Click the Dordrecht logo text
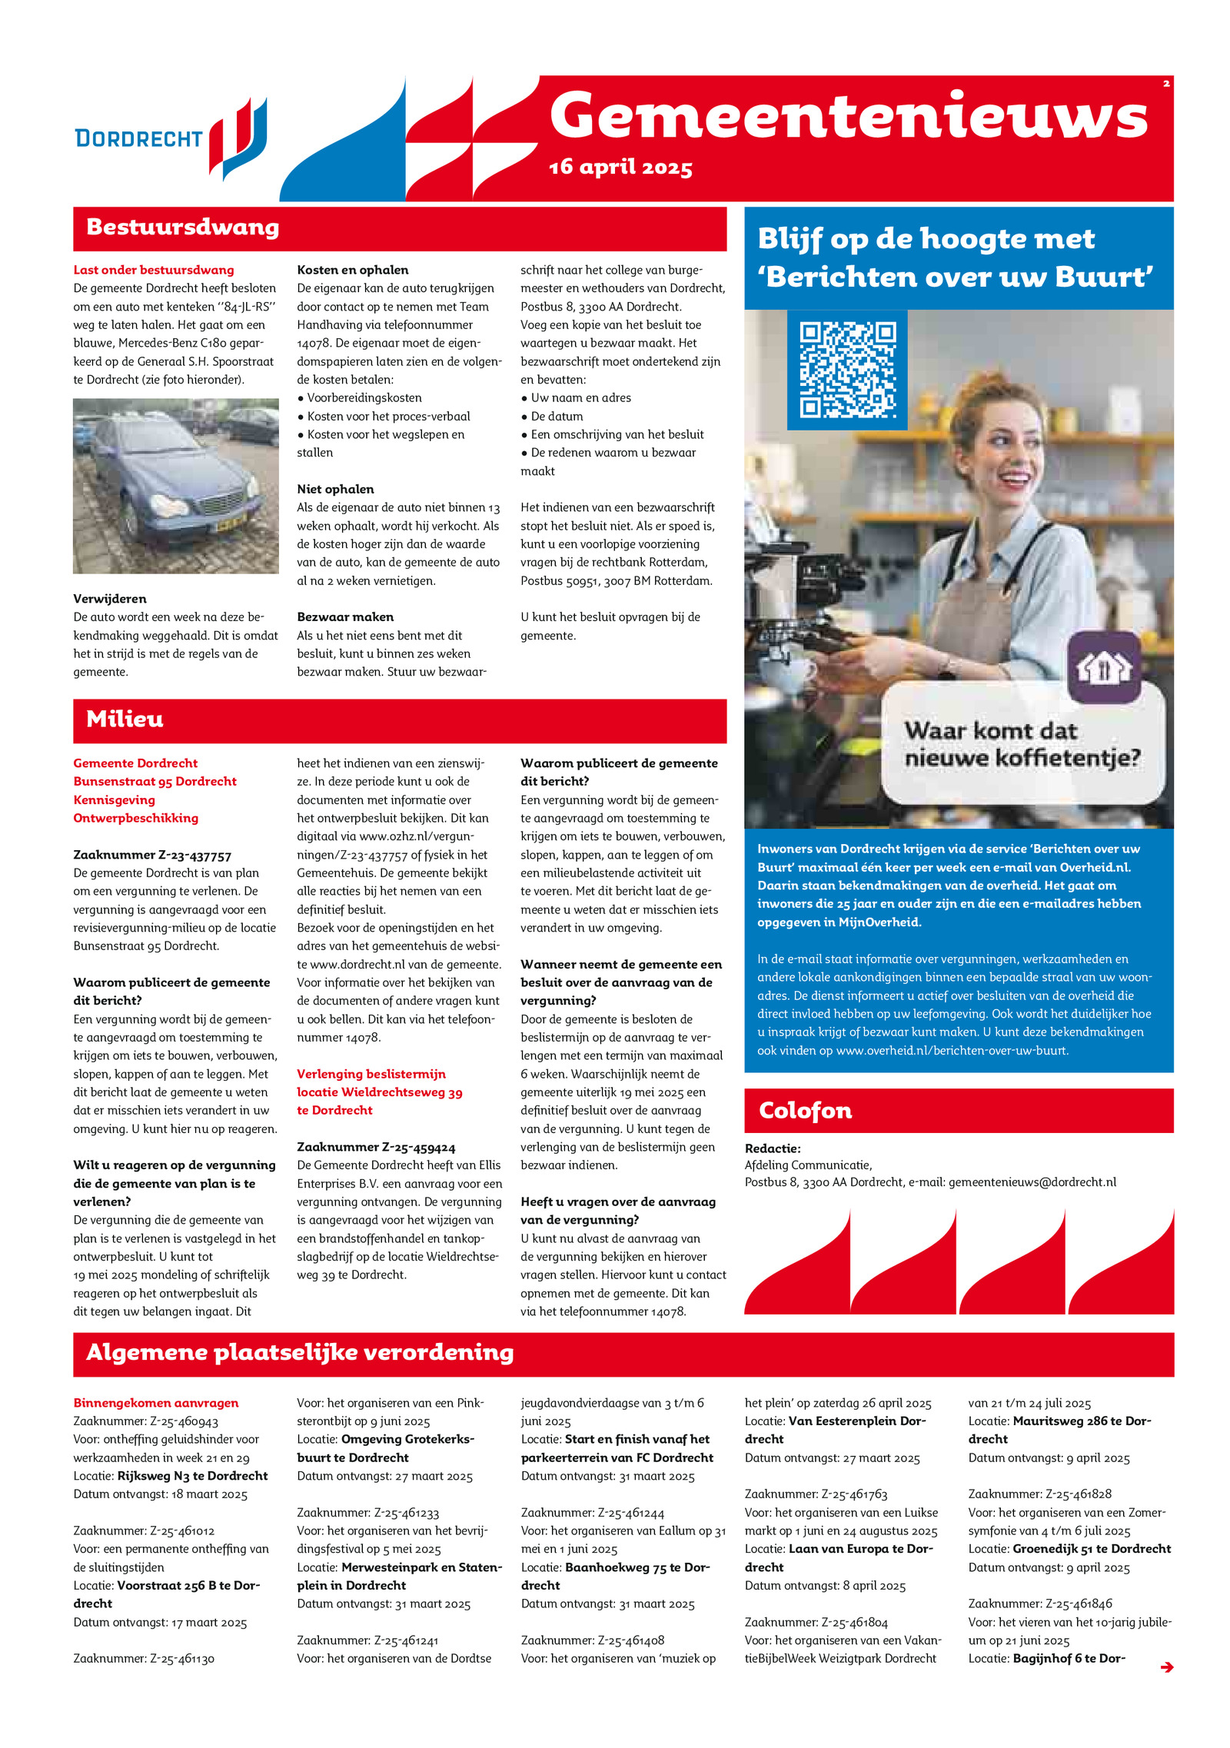coord(138,138)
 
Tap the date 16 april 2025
coord(620,167)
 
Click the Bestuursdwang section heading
coord(182,228)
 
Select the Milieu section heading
coord(125,719)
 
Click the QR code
coord(847,370)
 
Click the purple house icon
coord(1104,666)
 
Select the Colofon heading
coord(805,1111)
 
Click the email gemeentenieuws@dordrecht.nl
coord(1032,1182)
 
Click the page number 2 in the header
coord(1165,84)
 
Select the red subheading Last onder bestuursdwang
coord(154,270)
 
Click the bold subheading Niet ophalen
coord(335,489)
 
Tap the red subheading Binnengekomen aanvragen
coord(156,1403)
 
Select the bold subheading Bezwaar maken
coord(345,616)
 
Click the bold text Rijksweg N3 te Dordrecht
coord(192,1476)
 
